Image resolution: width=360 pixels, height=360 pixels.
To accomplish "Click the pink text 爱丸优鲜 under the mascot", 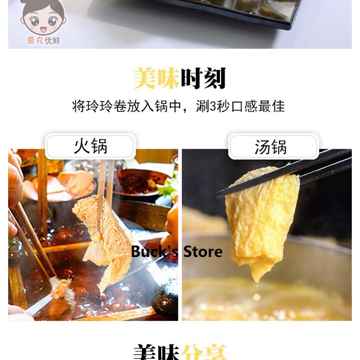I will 44,41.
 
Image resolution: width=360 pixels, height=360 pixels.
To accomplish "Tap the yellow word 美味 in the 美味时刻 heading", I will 156,78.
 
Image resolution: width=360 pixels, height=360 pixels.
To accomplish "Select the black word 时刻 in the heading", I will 203,78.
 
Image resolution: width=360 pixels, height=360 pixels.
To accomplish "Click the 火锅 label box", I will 90,146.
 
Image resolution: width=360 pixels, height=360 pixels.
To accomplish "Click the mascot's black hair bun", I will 43,5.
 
